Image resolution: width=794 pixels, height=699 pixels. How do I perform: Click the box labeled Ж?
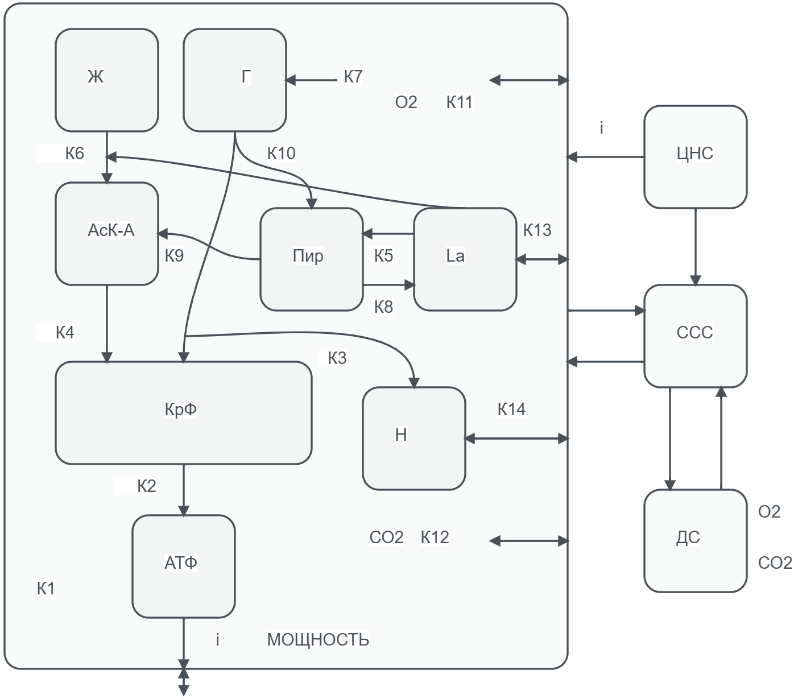pyautogui.click(x=107, y=80)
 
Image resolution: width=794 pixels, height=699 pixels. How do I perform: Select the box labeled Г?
pyautogui.click(x=234, y=80)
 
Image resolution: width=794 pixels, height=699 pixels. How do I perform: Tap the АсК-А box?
pyautogui.click(x=107, y=233)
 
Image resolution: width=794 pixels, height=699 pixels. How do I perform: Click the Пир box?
pyautogui.click(x=311, y=259)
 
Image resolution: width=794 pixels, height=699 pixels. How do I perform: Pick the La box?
pyautogui.click(x=465, y=259)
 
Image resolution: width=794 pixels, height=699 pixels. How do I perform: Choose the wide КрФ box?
pyautogui.click(x=183, y=412)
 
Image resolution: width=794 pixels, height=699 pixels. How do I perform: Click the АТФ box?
pyautogui.click(x=183, y=566)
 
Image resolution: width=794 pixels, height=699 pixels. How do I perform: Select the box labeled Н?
pyautogui.click(x=413, y=438)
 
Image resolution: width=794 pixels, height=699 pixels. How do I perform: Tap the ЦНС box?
pyautogui.click(x=695, y=156)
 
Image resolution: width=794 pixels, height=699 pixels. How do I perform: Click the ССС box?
pyautogui.click(x=695, y=336)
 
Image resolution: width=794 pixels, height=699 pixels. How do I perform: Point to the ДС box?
pyautogui.click(x=695, y=540)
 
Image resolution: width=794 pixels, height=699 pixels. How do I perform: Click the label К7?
pyautogui.click(x=353, y=77)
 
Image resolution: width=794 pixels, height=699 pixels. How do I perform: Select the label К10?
pyautogui.click(x=281, y=153)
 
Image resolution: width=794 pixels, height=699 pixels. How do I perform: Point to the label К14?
pyautogui.click(x=511, y=409)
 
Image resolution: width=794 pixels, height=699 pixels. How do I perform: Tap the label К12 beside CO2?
pyautogui.click(x=435, y=537)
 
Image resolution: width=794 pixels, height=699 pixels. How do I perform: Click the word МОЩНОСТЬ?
pyautogui.click(x=317, y=640)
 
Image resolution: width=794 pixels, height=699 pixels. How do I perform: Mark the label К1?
pyautogui.click(x=46, y=589)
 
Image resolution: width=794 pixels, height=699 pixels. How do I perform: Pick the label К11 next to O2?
pyautogui.click(x=459, y=102)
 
